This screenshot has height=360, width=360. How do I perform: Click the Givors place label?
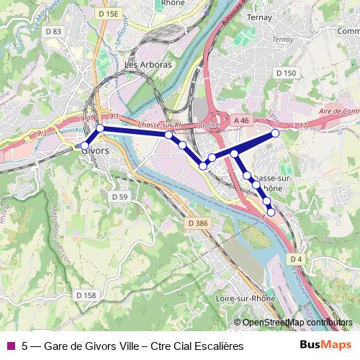click(95, 151)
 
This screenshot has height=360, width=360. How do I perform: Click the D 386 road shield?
click(197, 224)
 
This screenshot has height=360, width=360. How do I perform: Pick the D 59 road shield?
click(120, 197)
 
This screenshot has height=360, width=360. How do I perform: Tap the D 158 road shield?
click(85, 295)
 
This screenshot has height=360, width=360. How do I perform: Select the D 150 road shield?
click(286, 73)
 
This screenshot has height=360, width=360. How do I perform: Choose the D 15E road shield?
click(108, 14)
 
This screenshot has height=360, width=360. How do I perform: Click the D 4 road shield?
click(297, 258)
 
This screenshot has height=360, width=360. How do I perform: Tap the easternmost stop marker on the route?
click(275, 133)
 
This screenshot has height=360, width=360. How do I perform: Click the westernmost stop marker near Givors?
click(84, 146)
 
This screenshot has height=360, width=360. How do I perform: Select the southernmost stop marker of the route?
click(271, 211)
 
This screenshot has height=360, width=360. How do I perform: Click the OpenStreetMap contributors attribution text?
click(295, 323)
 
